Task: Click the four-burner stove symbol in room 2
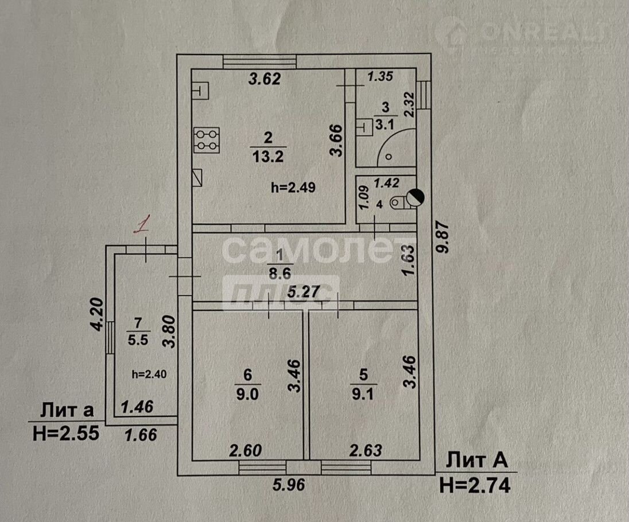207,140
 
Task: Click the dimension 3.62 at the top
264,79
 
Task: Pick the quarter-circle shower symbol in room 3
397,147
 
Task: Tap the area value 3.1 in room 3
385,124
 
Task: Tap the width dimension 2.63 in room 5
366,451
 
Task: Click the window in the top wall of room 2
259,61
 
